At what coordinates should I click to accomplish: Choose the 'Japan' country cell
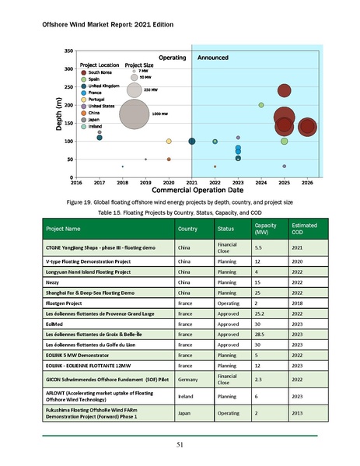pyautogui.click(x=187, y=414)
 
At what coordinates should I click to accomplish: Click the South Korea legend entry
pyautogui.click(x=105, y=72)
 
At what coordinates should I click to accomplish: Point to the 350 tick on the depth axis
pyautogui.click(x=69, y=51)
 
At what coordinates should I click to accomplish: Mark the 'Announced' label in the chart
pyautogui.click(x=212, y=58)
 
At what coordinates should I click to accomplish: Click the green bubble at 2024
pyautogui.click(x=261, y=105)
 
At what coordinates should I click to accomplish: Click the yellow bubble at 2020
pyautogui.click(x=169, y=142)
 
